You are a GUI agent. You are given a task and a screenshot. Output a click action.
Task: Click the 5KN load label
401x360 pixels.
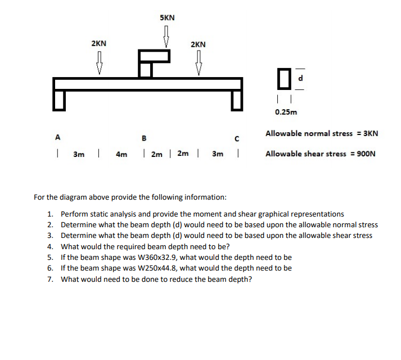(167, 17)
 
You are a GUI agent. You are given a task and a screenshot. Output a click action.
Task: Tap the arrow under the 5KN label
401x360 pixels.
(167, 35)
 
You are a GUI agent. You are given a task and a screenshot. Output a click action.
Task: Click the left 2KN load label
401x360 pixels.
(99, 43)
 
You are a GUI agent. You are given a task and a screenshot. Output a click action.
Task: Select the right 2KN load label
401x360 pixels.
(198, 44)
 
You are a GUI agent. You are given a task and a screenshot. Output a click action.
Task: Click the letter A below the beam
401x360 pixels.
(57, 136)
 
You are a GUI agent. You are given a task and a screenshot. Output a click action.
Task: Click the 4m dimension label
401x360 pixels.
(121, 154)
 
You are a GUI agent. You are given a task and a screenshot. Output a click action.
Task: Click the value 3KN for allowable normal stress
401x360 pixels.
(368, 134)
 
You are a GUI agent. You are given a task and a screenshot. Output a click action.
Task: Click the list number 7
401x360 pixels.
(50, 278)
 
